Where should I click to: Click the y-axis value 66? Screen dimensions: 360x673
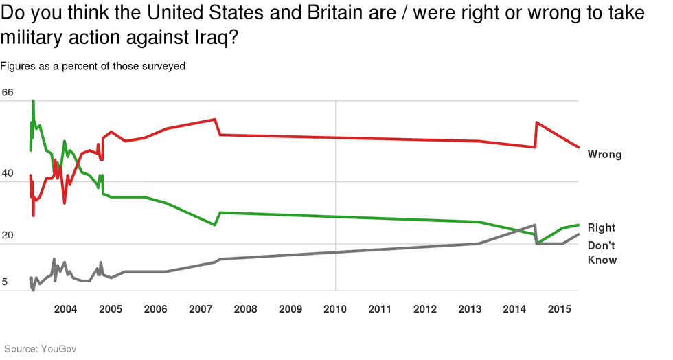click(x=8, y=93)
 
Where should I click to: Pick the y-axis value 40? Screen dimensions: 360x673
click(x=8, y=174)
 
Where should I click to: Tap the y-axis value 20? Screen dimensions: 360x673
click(x=8, y=236)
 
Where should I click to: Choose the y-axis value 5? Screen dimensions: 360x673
click(x=6, y=282)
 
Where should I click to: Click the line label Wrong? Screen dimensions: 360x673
click(x=604, y=155)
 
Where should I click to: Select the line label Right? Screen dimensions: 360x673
click(x=602, y=227)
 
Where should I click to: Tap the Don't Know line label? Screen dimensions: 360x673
click(x=602, y=253)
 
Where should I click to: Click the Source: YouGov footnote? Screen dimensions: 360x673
click(x=41, y=349)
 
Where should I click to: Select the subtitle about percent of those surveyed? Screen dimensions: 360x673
click(x=93, y=67)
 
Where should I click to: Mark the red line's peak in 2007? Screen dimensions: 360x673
click(x=216, y=120)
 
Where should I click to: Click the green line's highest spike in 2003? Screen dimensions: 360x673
click(x=34, y=101)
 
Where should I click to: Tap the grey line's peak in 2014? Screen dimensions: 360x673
click(x=535, y=225)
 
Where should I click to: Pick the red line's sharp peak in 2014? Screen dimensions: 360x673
click(x=536, y=122)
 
